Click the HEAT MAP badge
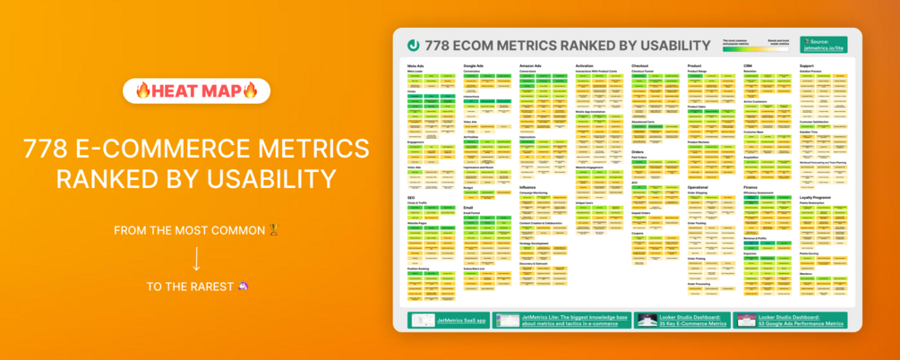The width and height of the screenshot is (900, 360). (x=196, y=91)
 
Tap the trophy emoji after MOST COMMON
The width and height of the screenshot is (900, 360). (x=273, y=231)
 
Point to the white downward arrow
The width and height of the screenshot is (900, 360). (x=196, y=258)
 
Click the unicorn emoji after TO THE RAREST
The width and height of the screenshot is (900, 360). (x=244, y=287)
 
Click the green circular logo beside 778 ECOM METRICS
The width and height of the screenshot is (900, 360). (x=414, y=45)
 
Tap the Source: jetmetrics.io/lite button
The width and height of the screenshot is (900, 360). (x=823, y=44)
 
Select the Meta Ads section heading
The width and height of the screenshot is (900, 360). (x=416, y=65)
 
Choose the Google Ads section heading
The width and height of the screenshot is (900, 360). (x=474, y=65)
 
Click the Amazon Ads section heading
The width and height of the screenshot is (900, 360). (x=532, y=65)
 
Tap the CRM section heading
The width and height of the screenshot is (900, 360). (x=747, y=65)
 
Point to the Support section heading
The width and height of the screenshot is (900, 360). (x=806, y=65)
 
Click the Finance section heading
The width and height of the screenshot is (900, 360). (x=750, y=186)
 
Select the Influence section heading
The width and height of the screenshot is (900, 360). (x=527, y=186)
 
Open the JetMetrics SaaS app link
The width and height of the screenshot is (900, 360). (x=449, y=320)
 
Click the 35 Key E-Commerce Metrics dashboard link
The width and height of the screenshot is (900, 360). (x=681, y=320)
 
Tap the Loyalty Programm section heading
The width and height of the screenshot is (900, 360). (x=819, y=197)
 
